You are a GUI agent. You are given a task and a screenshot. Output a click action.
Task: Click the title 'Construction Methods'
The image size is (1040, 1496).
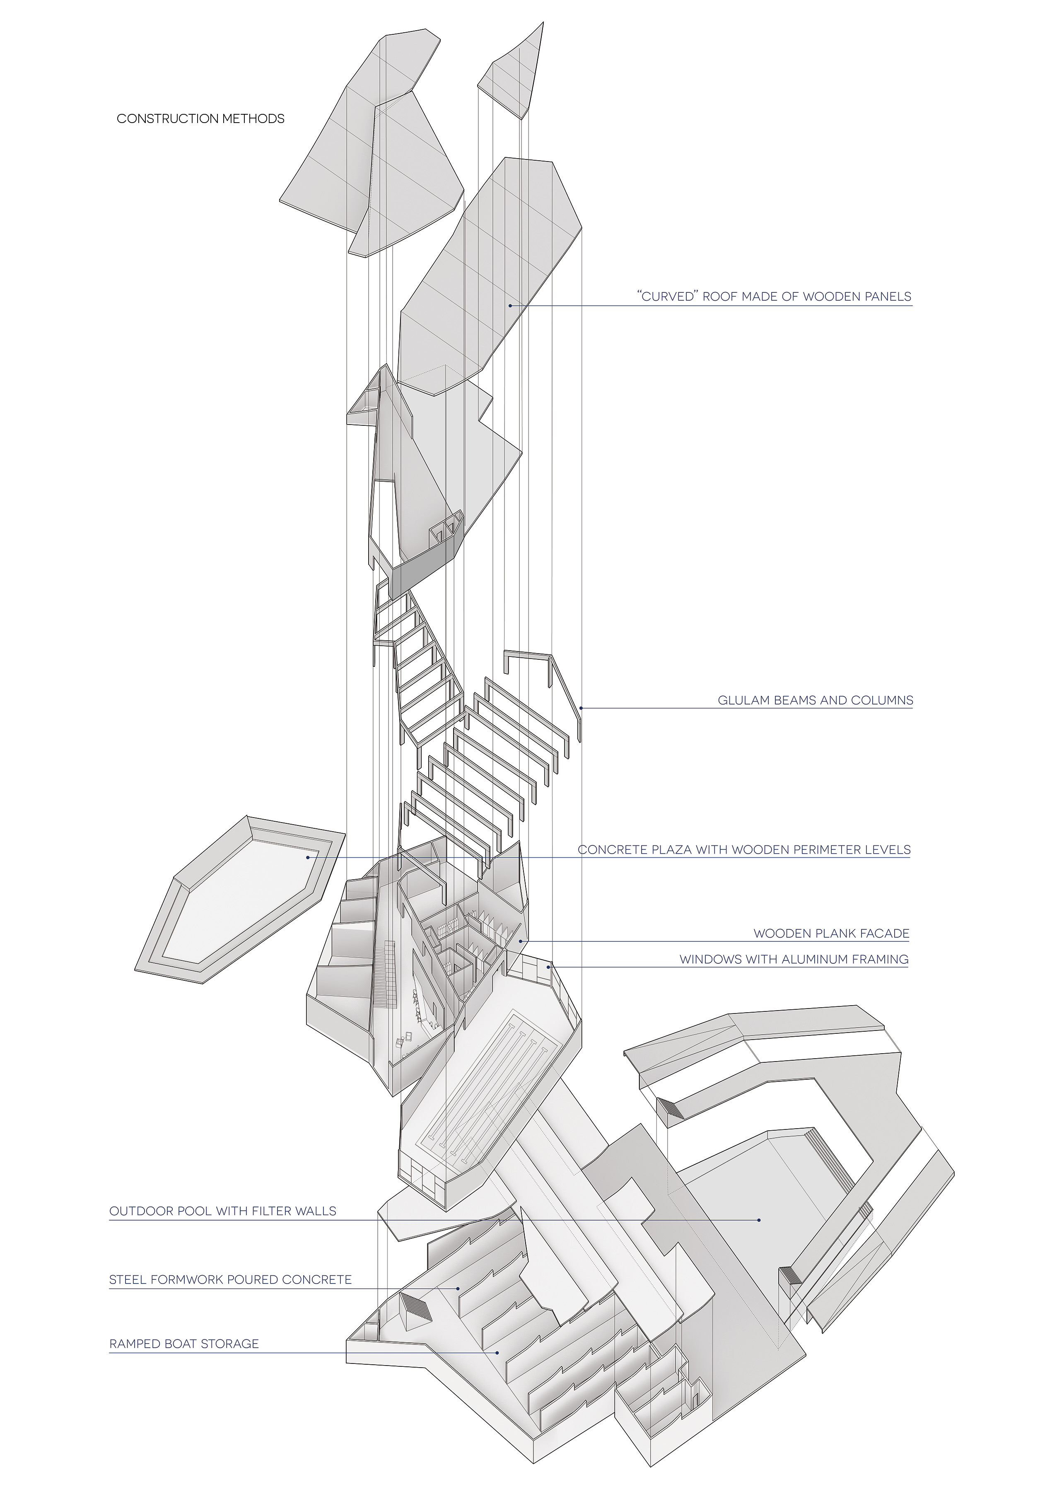tap(201, 118)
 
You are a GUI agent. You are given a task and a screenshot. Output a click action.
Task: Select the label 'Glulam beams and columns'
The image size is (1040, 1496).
tap(815, 700)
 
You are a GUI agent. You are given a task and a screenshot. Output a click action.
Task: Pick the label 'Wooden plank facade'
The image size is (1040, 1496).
tap(832, 933)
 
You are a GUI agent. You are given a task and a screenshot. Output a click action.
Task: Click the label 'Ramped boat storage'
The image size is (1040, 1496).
tap(184, 1344)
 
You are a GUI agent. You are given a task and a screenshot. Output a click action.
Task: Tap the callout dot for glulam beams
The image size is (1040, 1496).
tap(581, 708)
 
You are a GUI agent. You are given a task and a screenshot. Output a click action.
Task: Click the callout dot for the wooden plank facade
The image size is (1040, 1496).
tap(520, 941)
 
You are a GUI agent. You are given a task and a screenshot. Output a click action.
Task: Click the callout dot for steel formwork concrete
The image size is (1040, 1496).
tap(459, 1288)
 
